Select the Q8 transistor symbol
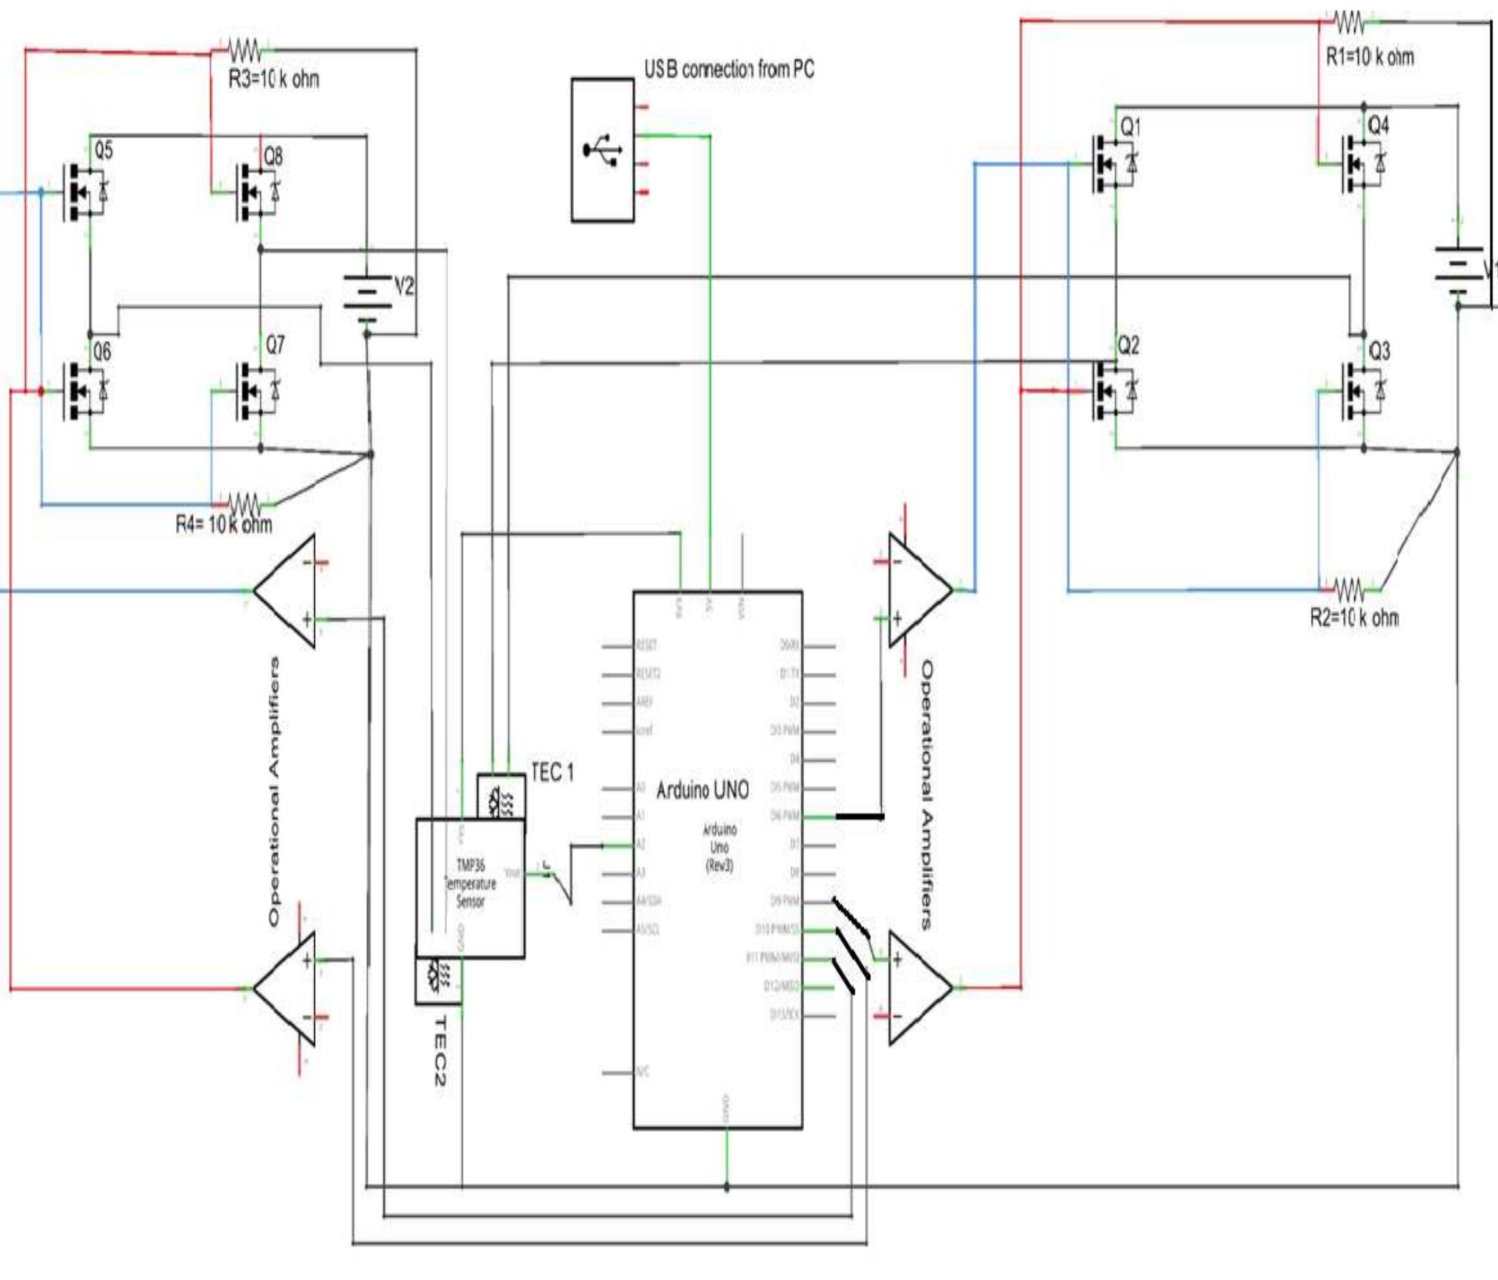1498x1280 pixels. pyautogui.click(x=257, y=193)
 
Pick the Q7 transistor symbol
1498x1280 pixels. pyautogui.click(x=257, y=391)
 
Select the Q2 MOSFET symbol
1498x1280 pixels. pyautogui.click(x=1114, y=391)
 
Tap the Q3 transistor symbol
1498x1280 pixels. pyautogui.click(x=1362, y=391)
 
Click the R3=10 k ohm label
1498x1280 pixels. pyautogui.click(x=273, y=79)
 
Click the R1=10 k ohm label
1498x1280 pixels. pyautogui.click(x=1370, y=57)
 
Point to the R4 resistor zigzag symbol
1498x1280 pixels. pyautogui.click(x=244, y=502)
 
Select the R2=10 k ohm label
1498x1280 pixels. pyautogui.click(x=1354, y=618)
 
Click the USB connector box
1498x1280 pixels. pyautogui.click(x=602, y=150)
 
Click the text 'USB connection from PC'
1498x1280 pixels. pyautogui.click(x=729, y=69)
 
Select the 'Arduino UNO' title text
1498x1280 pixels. pyautogui.click(x=702, y=791)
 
